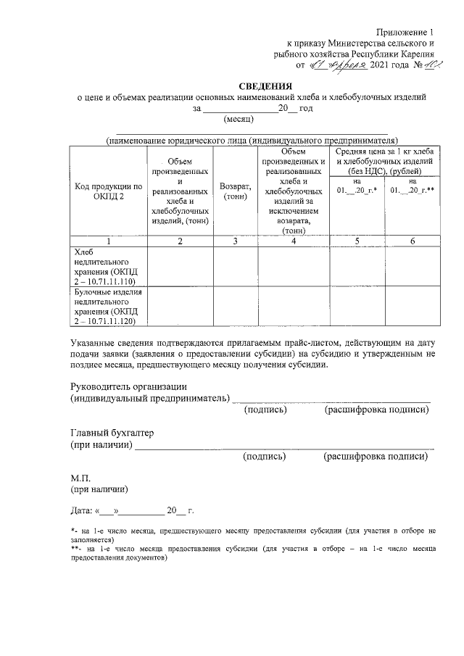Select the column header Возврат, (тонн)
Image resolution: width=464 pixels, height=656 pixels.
tap(235, 191)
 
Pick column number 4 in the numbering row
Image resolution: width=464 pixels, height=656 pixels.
tap(293, 241)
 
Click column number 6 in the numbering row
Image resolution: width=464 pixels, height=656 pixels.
tap(411, 241)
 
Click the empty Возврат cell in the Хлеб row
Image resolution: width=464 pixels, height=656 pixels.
tap(235, 266)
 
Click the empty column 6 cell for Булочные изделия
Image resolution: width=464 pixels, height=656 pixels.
tap(411, 306)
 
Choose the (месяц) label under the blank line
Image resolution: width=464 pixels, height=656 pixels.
tap(238, 119)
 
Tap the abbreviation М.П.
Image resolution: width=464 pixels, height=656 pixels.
tap(80, 478)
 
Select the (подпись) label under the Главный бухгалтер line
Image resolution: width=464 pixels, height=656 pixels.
tap(265, 457)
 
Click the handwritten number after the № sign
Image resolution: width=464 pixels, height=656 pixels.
tap(425, 64)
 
